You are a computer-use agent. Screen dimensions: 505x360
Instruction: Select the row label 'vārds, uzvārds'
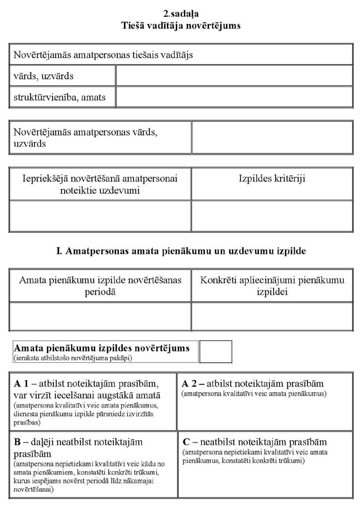44,76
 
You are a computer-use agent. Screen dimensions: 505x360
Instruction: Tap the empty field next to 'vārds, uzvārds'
234,76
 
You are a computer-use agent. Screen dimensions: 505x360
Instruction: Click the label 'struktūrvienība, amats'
59,97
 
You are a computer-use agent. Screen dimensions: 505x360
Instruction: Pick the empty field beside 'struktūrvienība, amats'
234,97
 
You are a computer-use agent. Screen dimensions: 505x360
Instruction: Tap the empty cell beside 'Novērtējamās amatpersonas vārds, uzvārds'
272,137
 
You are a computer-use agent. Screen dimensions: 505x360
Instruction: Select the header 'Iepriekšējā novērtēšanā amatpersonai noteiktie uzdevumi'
100,184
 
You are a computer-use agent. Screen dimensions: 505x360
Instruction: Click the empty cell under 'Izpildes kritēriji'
272,216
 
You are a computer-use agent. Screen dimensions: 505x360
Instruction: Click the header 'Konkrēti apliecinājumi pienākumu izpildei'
272,285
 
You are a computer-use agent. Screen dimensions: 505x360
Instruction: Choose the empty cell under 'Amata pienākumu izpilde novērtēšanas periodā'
100,316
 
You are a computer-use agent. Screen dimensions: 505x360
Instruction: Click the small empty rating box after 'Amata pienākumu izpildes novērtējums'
215,352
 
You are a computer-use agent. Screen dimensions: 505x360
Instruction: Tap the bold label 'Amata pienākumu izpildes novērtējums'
102,348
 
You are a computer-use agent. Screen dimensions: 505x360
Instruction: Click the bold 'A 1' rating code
21,384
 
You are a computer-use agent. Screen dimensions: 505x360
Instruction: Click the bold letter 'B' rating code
17,441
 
